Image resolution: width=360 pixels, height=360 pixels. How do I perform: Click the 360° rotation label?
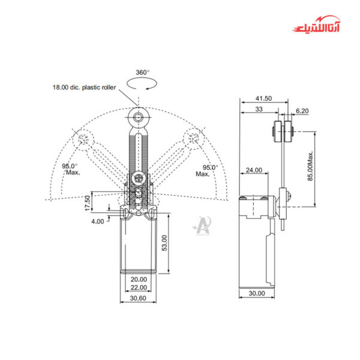(x=142, y=73)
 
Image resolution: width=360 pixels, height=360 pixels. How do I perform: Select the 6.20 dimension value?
(x=302, y=110)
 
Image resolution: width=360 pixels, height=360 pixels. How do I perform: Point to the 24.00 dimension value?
(x=254, y=170)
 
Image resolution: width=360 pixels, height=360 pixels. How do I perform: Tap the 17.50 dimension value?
(x=88, y=202)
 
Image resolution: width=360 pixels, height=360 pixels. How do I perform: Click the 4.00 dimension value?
(x=97, y=221)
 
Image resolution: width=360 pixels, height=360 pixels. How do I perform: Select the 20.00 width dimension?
(x=139, y=280)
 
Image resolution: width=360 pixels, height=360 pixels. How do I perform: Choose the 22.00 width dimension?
(x=139, y=289)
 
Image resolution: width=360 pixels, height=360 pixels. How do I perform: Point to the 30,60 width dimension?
(x=139, y=298)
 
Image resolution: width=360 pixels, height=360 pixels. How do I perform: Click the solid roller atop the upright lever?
(x=139, y=116)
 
